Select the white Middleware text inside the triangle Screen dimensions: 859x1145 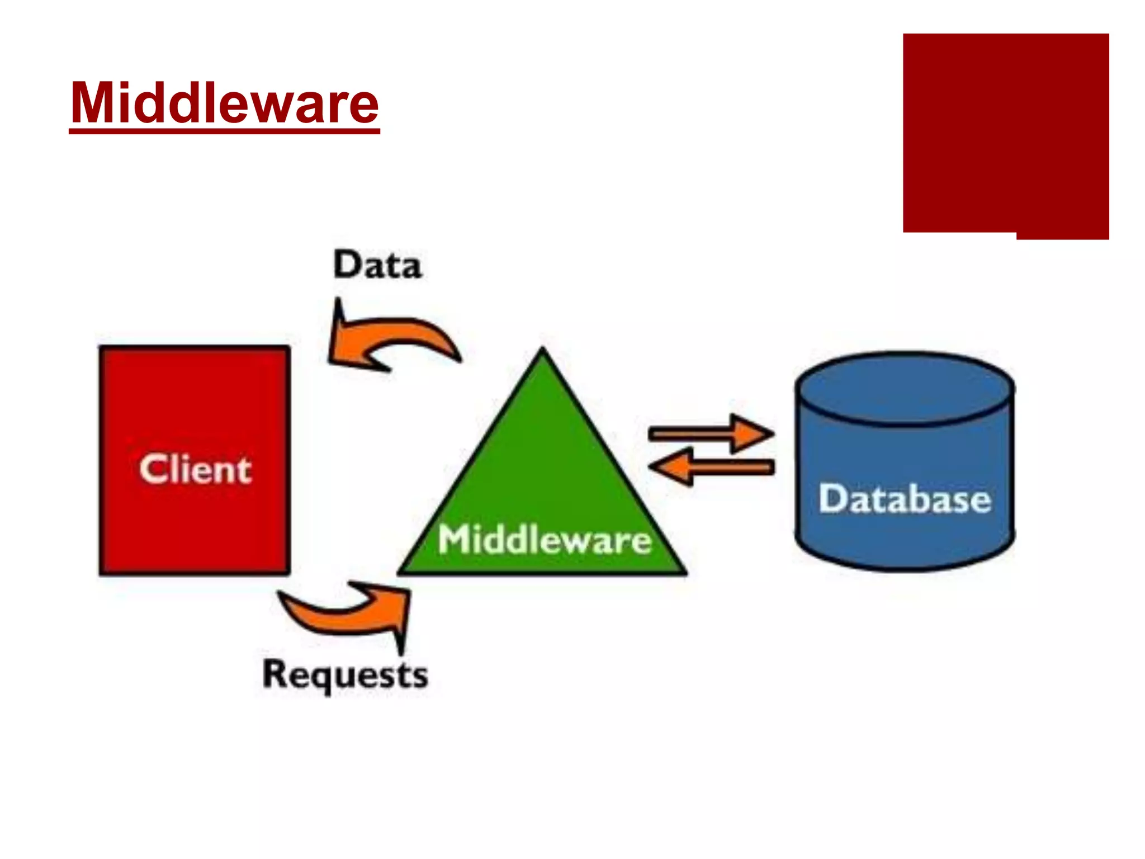(544, 540)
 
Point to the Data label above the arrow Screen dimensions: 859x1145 (377, 265)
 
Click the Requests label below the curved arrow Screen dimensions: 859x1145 (345, 674)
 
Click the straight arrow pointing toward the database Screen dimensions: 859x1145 (710, 433)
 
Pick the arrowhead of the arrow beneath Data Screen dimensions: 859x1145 (342, 341)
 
